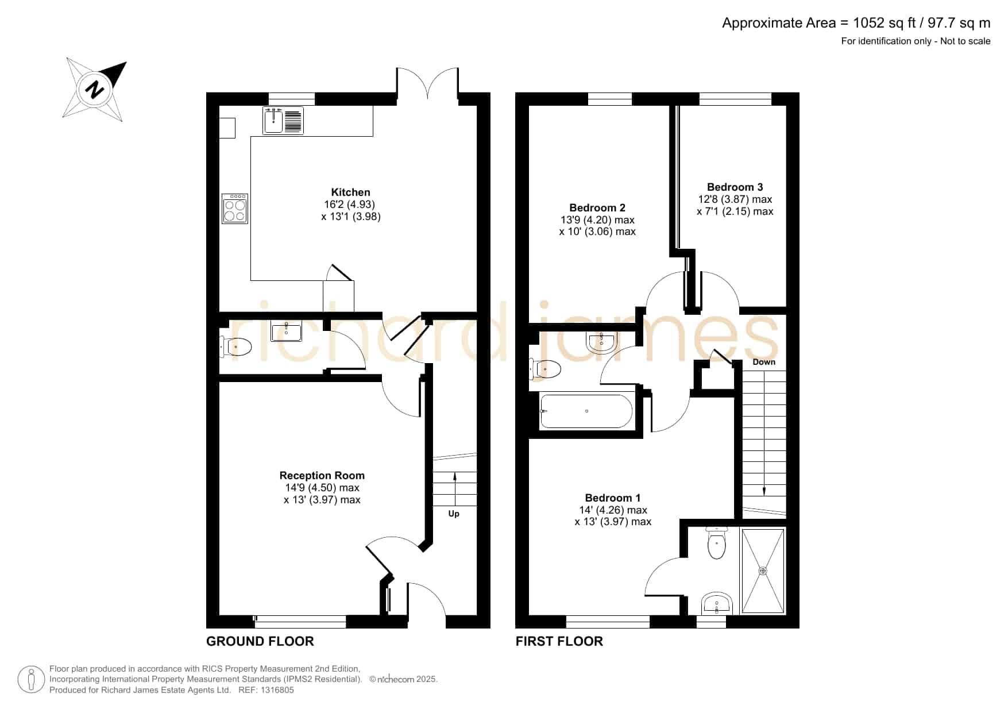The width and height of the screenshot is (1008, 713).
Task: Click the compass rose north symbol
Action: pos(95,89)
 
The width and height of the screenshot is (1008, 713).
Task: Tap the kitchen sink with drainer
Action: pos(283,121)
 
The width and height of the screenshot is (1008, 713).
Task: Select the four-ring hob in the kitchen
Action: pos(235,209)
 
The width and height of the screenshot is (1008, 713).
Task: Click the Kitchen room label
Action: pos(350,192)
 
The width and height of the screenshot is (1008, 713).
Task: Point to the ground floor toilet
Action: pos(236,347)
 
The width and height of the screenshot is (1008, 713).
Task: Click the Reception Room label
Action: pos(322,476)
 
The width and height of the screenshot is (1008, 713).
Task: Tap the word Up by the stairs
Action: pos(454,514)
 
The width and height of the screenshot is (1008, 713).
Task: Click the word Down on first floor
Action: pos(764,362)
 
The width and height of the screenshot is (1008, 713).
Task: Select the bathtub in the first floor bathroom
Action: pos(586,411)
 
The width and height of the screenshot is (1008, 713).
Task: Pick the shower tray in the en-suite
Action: pos(763,571)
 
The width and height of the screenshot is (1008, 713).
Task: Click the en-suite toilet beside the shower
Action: pos(717,542)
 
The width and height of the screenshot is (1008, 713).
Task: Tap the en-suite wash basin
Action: pos(717,604)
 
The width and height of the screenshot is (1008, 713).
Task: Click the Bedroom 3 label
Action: pos(735,187)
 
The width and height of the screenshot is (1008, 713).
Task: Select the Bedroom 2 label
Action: pos(597,208)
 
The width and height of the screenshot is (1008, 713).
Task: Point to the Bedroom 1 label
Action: pos(613,498)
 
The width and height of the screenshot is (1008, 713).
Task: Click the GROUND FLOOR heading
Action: pos(260,641)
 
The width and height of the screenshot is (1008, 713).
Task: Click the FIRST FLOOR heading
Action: pos(559,641)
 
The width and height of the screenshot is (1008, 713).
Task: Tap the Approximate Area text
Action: pos(856,23)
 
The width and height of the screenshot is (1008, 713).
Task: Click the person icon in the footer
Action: pos(31,680)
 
